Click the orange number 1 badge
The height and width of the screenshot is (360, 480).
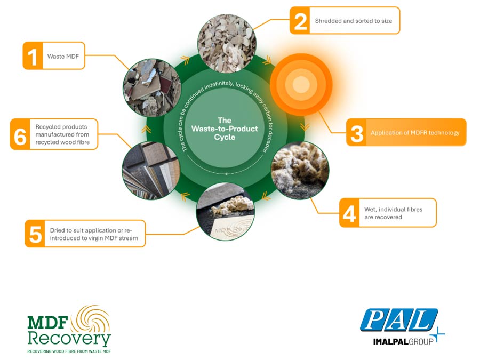click(33, 55)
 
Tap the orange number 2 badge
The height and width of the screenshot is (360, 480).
click(300, 20)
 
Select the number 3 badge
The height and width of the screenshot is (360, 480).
click(356, 133)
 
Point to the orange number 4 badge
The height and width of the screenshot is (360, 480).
click(349, 213)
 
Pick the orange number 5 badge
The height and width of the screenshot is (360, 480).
click(35, 234)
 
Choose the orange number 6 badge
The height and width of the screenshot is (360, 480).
click(20, 134)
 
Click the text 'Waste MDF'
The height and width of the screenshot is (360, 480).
click(63, 57)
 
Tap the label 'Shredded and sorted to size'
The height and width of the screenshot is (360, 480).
click(354, 21)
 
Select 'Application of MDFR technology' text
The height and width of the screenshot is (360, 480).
click(415, 133)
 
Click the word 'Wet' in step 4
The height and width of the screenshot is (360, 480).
click(370, 210)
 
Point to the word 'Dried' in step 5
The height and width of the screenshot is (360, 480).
click(58, 230)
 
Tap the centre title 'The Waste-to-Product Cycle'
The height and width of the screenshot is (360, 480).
click(225, 129)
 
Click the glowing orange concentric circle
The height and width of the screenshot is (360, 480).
click(301, 84)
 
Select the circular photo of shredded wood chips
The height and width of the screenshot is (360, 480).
click(227, 44)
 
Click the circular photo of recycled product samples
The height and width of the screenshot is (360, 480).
click(151, 171)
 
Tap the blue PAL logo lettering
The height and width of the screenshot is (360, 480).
click(399, 320)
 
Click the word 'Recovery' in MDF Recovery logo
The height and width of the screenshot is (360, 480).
click(69, 338)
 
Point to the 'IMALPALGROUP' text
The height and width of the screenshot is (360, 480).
click(404, 341)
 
